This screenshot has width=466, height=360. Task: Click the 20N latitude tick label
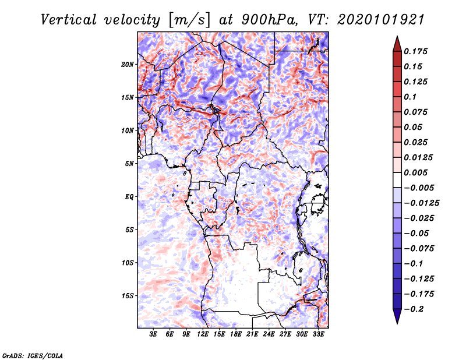coord(128,65)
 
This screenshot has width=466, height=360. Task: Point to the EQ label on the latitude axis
coord(129,197)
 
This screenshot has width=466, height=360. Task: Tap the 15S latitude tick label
coord(128,296)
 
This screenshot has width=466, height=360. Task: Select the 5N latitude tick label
coord(129,164)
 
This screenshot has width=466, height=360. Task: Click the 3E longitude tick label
coord(153,334)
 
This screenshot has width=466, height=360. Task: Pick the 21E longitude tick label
coord(252,334)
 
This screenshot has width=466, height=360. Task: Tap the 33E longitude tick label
coord(318,334)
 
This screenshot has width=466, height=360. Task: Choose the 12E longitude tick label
coord(203,334)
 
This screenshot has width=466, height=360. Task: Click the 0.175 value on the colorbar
coord(415,51)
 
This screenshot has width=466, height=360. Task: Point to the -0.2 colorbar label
coord(414,309)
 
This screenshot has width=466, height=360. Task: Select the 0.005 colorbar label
coord(415,172)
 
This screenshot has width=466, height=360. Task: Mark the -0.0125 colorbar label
coord(421,203)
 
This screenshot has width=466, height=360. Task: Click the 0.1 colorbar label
coord(410,97)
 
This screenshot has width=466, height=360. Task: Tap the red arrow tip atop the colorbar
coord(397,37)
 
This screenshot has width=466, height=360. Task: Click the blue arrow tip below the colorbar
coord(397,323)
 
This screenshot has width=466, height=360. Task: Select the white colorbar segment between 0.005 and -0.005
coord(397,180)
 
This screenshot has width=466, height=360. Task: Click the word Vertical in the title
coord(69,20)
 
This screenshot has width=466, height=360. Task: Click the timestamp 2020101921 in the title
coord(381,20)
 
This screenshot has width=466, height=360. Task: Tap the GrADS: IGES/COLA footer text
coord(33,356)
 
